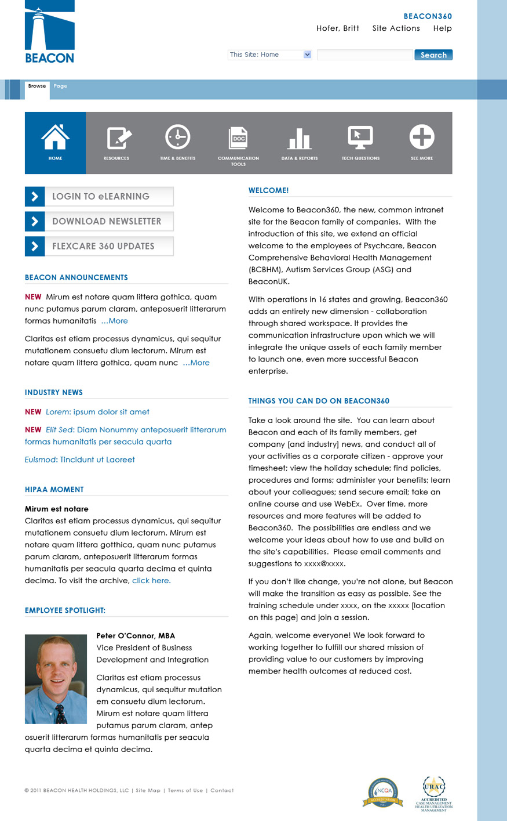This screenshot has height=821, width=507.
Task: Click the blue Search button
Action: [433, 55]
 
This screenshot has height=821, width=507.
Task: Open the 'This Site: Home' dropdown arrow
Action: [307, 55]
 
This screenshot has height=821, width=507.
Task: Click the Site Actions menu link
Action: [396, 28]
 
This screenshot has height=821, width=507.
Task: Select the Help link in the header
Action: [442, 28]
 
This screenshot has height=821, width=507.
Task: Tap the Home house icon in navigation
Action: [55, 138]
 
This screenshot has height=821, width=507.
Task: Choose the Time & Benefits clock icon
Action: [177, 138]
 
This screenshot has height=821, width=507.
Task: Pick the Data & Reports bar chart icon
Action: [300, 138]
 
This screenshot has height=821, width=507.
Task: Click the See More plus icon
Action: [421, 138]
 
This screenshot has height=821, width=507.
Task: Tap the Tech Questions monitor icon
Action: [360, 138]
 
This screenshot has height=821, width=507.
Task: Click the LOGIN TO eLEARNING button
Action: [100, 197]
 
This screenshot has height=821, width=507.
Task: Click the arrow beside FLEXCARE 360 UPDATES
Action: [35, 246]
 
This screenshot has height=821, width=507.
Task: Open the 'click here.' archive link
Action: [151, 581]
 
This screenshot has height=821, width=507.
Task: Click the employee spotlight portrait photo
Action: [56, 679]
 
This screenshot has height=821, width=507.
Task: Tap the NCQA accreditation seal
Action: [383, 793]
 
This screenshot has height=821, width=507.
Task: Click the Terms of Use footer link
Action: [185, 790]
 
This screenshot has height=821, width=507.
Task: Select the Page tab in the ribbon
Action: [60, 86]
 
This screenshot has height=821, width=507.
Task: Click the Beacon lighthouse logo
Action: [50, 32]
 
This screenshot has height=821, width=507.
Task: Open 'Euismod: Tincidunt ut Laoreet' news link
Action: [79, 460]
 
